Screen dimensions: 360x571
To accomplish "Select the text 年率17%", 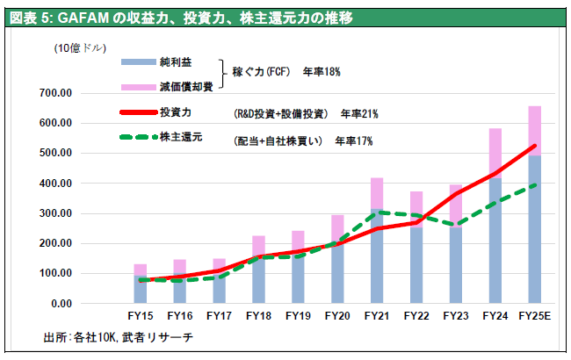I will coord(353,140).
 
